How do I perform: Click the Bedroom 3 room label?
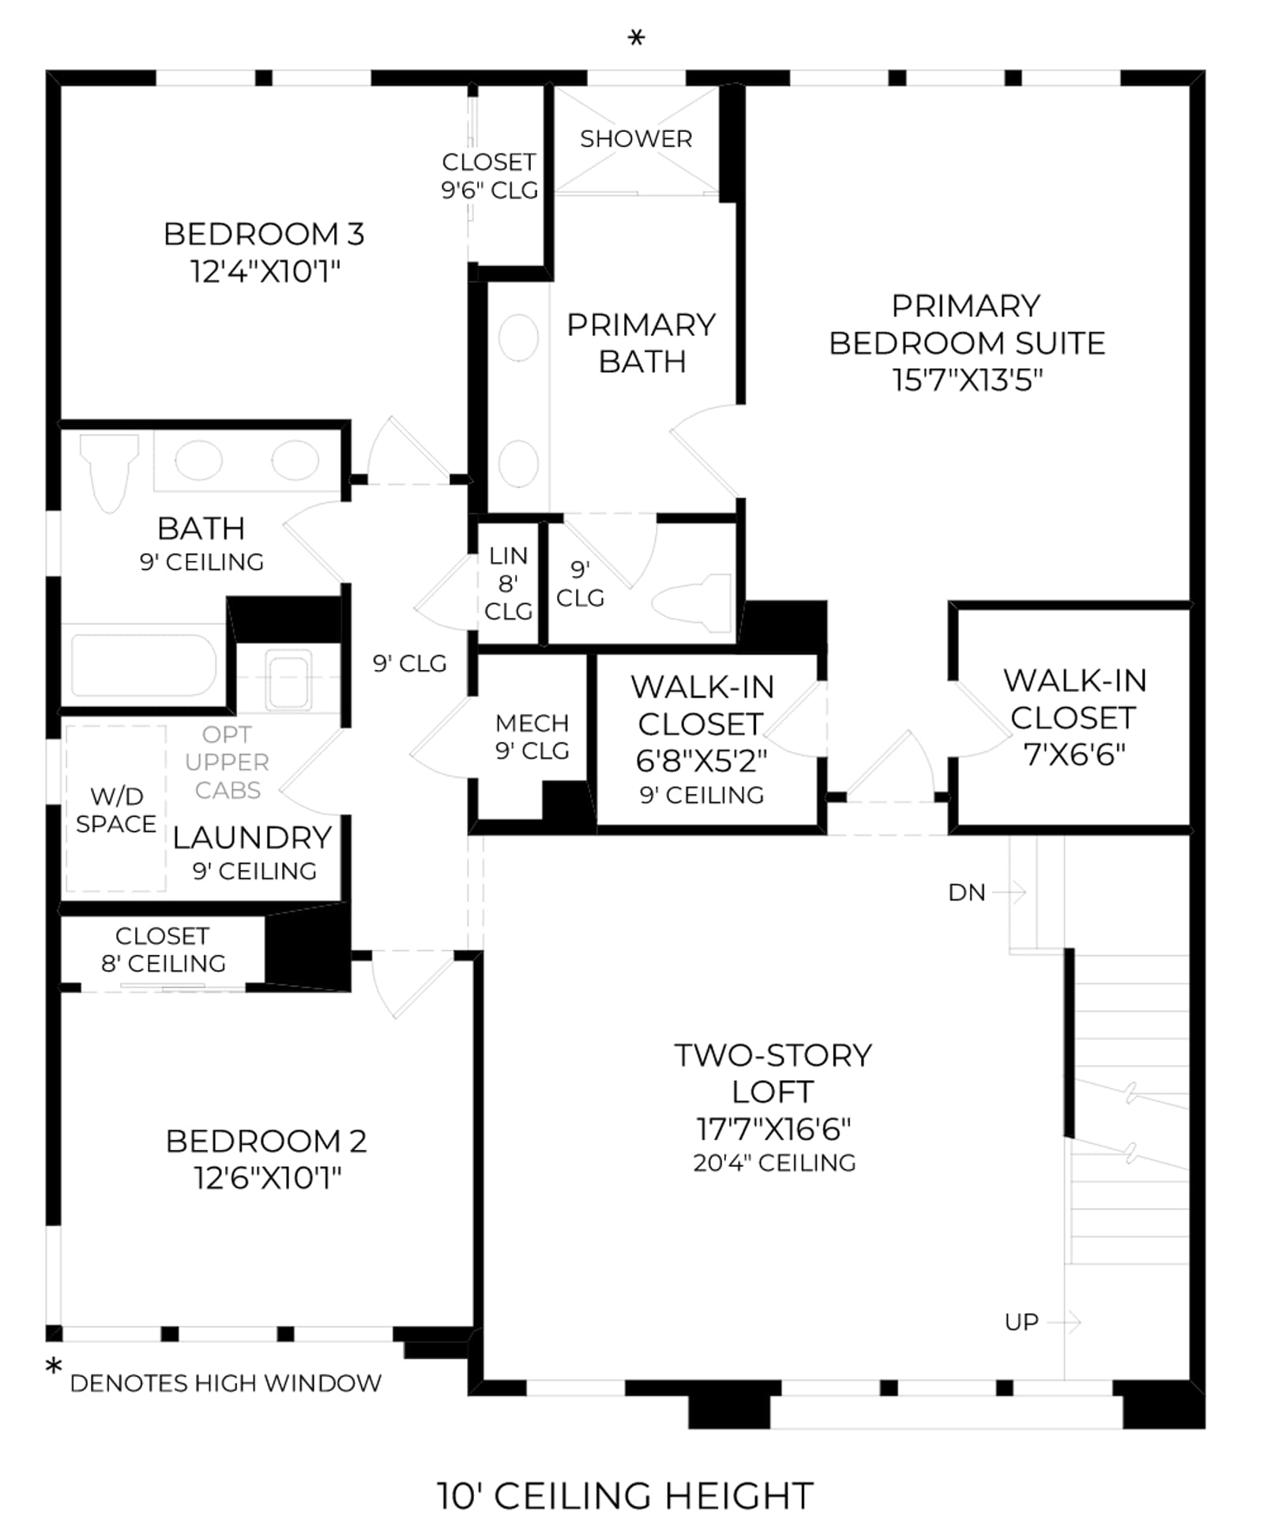point(264,234)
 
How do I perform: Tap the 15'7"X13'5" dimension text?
point(967,380)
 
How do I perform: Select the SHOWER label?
point(636,139)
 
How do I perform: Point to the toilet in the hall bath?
point(109,472)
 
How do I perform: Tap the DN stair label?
point(967,893)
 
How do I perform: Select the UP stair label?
point(1021,1322)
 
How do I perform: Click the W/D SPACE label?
point(116,810)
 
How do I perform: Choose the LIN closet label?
point(508,556)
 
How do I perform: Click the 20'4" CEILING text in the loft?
point(774,1163)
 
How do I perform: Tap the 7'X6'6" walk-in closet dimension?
point(1074,754)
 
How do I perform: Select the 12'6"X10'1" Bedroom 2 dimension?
point(267,1178)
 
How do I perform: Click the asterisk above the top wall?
point(636,37)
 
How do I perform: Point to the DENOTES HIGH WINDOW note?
point(226,1383)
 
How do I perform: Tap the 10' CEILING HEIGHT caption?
point(625,1496)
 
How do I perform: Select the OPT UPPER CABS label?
point(228,762)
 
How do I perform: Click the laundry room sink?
point(288,679)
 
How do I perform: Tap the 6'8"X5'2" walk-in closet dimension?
point(702,761)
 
